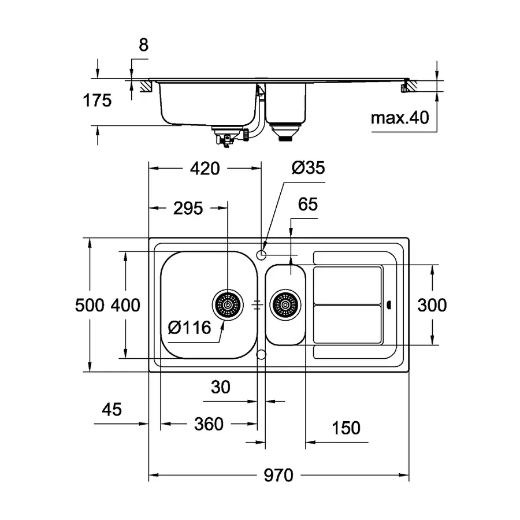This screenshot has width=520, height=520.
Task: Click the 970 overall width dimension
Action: pyautogui.click(x=280, y=476)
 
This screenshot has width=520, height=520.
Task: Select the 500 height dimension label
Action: pyautogui.click(x=90, y=304)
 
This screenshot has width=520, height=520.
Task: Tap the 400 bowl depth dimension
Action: pyautogui.click(x=125, y=304)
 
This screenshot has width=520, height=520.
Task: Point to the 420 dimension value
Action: pyautogui.click(x=205, y=168)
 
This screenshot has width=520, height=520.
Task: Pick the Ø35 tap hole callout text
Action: pyautogui.click(x=308, y=168)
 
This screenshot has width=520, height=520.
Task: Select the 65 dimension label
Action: pyautogui.click(x=308, y=205)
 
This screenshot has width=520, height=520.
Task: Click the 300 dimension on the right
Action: pyautogui.click(x=432, y=304)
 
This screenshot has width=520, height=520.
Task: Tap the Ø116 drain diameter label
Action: pyautogui.click(x=190, y=329)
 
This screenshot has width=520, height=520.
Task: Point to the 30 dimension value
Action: pyautogui.click(x=221, y=387)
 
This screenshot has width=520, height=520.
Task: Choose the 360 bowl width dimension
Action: pyautogui.click(x=208, y=424)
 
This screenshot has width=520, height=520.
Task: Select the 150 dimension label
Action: pyautogui.click(x=346, y=428)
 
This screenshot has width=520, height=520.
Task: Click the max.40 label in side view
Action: pyautogui.click(x=400, y=118)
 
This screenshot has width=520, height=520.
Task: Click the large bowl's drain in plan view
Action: pyautogui.click(x=227, y=303)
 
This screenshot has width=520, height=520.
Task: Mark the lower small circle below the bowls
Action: pyautogui.click(x=261, y=353)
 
